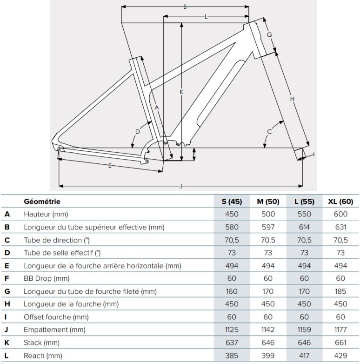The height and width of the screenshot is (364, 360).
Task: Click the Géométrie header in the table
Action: (42, 202)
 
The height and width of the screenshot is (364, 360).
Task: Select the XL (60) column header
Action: (340, 202)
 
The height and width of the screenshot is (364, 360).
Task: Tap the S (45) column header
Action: (231, 202)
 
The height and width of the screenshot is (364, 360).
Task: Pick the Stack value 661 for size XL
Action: (340, 343)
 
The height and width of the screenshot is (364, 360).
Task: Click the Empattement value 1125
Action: (231, 330)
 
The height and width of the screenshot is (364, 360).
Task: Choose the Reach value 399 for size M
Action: (267, 356)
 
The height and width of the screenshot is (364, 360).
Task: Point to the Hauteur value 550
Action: (304, 214)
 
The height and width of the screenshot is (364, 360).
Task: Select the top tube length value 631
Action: (340, 227)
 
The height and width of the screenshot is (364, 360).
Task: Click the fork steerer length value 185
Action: (340, 291)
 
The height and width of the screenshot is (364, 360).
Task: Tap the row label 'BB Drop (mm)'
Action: (44, 278)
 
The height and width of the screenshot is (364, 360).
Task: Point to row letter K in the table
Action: (7, 343)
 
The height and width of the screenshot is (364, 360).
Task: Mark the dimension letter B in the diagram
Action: (185, 7)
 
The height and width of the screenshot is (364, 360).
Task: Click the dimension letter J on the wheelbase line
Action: (180, 186)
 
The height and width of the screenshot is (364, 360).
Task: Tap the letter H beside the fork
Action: (292, 99)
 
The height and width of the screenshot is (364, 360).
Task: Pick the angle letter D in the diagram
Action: (137, 132)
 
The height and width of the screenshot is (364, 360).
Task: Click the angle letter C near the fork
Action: (269, 132)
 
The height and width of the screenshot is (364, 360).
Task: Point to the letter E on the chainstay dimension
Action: (110, 166)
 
